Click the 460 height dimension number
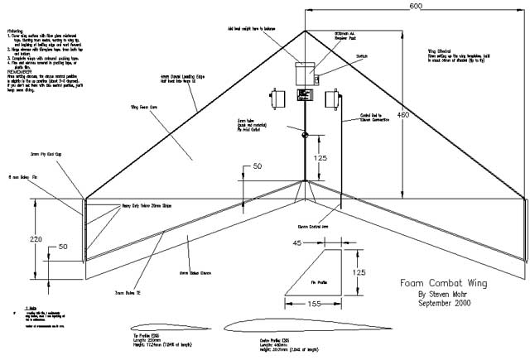pyautogui.click(x=402, y=115)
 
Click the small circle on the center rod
pyautogui.click(x=305, y=135)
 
